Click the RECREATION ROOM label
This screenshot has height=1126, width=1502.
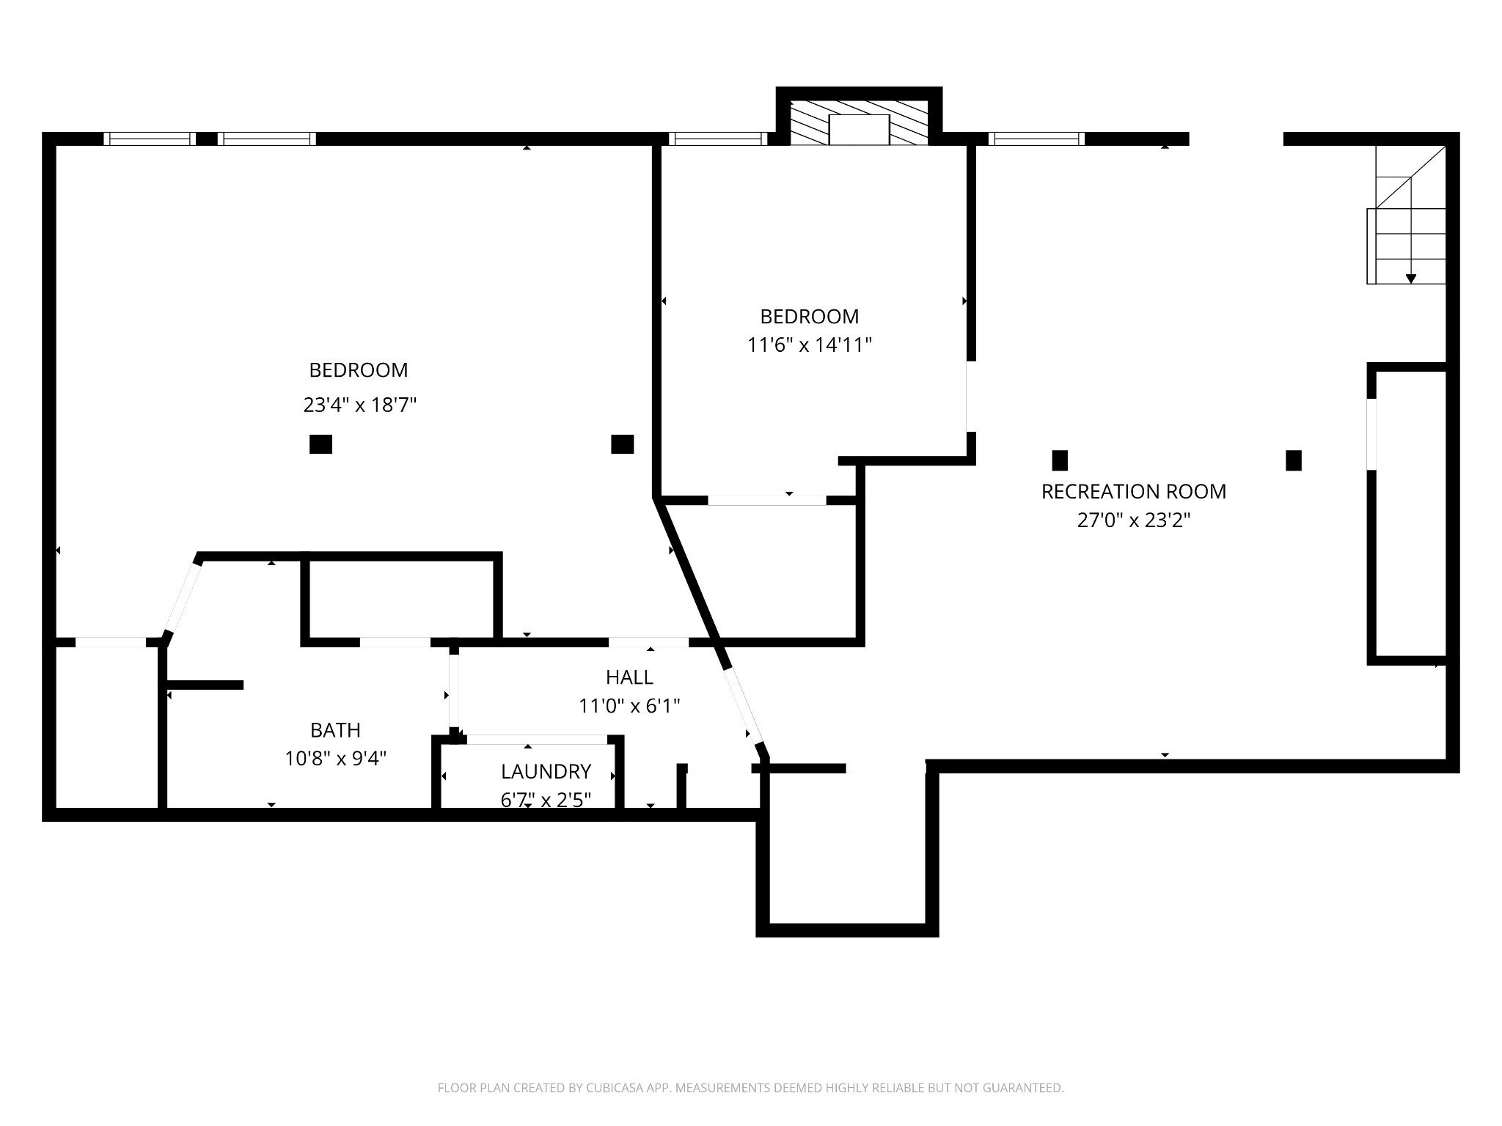click(1134, 491)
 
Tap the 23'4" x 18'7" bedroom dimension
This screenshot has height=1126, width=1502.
click(360, 405)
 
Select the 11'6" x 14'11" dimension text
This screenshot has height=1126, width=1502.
click(810, 345)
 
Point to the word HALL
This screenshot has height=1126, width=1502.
click(629, 677)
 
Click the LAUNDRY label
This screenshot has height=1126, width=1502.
click(546, 771)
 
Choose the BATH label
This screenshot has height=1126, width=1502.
click(335, 730)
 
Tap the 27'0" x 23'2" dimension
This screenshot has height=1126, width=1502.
click(1134, 520)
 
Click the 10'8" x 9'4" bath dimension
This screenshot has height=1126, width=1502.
click(336, 758)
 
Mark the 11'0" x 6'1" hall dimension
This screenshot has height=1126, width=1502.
click(629, 706)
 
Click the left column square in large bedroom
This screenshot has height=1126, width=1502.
click(320, 444)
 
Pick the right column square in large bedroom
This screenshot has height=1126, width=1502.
click(623, 444)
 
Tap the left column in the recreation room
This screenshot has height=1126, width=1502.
click(1060, 460)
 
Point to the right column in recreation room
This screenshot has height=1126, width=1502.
click(1294, 460)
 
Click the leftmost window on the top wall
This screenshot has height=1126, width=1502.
click(150, 139)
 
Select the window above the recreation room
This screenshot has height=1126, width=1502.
click(1036, 139)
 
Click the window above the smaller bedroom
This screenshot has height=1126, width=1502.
click(718, 139)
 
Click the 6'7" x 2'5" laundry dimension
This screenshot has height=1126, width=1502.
click(546, 800)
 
